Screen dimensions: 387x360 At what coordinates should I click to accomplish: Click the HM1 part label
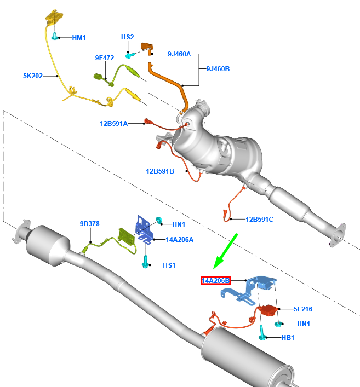pos(79,38)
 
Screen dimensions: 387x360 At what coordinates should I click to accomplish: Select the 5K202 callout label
pos(32,76)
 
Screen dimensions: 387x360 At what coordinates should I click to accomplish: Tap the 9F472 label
pos(104,57)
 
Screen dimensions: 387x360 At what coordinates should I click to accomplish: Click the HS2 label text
pos(127,37)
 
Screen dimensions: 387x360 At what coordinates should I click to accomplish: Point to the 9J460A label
pos(179,54)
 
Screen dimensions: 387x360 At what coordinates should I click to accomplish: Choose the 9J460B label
pos(218,69)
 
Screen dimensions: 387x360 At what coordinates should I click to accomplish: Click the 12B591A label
pos(113,124)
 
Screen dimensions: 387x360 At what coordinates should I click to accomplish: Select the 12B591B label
pos(159,171)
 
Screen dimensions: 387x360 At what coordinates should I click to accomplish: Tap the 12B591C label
pos(259,220)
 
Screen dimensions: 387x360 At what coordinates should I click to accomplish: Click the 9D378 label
pos(89,224)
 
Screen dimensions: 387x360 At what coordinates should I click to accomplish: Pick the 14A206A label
pos(179,239)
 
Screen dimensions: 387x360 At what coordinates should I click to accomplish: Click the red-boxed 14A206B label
pos(216,281)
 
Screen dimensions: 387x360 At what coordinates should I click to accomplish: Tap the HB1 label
pos(287,338)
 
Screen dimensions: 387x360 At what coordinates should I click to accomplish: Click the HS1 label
pos(169,265)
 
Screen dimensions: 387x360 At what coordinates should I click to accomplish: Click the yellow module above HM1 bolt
pos(53,18)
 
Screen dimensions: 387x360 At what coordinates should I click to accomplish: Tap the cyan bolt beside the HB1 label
pos(262,333)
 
